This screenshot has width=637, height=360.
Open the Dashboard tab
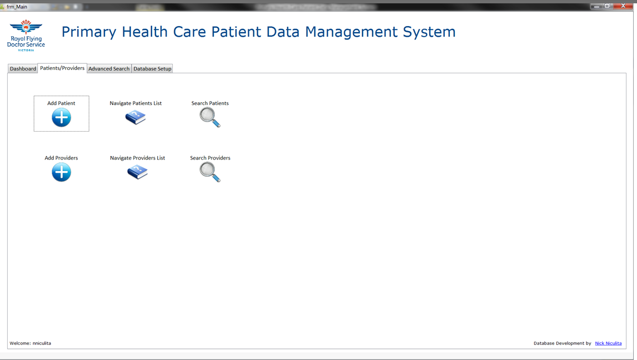(23, 69)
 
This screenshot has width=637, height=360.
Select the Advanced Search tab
(109, 69)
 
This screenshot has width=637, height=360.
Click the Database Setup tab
(152, 69)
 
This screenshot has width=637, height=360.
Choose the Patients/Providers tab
(62, 68)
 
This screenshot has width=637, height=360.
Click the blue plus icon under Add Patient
(61, 118)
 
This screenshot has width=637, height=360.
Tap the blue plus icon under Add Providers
(61, 172)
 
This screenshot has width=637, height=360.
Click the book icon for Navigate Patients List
(136, 117)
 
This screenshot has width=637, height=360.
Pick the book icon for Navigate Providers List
(137, 172)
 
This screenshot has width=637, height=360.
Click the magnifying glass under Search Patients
(210, 117)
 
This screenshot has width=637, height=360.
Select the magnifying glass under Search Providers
(210, 172)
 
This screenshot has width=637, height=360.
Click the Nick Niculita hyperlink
(608, 343)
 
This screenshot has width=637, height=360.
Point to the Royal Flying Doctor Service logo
(26, 35)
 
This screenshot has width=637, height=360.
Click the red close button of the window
(623, 6)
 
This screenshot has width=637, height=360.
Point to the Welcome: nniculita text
(31, 343)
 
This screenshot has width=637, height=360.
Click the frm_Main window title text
(17, 7)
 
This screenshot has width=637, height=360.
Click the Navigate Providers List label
(137, 158)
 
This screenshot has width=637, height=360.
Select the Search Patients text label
(210, 103)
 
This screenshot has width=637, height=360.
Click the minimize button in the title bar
(596, 6)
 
